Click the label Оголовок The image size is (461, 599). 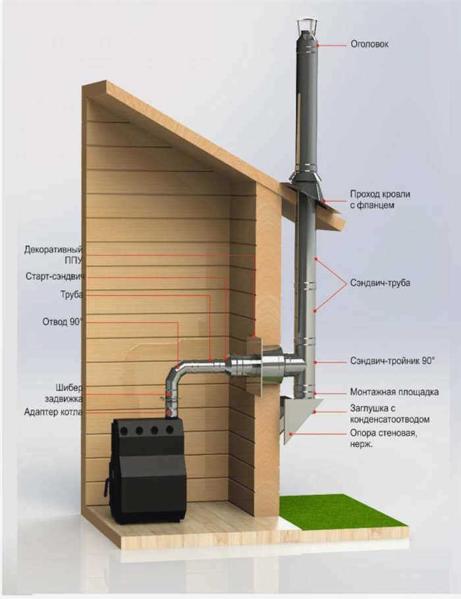(369, 44)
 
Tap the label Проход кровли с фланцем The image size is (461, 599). (380, 199)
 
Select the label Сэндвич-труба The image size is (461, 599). (380, 283)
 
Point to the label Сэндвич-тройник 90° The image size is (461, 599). (393, 361)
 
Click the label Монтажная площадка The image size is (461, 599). (394, 392)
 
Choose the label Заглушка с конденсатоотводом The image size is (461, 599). (389, 414)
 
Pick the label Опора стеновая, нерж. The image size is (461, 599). (383, 438)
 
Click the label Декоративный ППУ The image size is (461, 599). (53, 255)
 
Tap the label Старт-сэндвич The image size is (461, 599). (55, 276)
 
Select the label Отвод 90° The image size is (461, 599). (63, 322)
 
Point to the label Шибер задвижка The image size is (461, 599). (63, 393)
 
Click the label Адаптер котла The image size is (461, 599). (53, 412)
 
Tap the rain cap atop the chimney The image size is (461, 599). (308, 27)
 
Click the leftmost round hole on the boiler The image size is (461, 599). (124, 431)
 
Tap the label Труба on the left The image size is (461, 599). (72, 295)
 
